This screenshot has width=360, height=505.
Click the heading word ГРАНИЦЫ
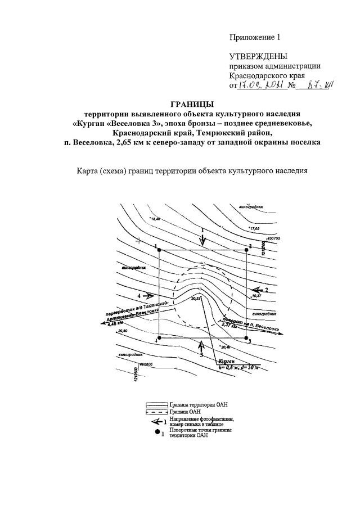pyautogui.click(x=192, y=103)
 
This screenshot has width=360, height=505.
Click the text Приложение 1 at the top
pyautogui.click(x=254, y=37)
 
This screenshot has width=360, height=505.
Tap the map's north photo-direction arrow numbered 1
pyautogui.click(x=203, y=238)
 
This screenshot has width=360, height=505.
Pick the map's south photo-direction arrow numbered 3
pyautogui.click(x=201, y=344)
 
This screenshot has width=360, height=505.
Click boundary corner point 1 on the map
pyautogui.click(x=159, y=250)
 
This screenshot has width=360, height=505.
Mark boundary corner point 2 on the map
pyautogui.click(x=247, y=250)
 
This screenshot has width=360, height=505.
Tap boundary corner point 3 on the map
pyautogui.click(x=247, y=338)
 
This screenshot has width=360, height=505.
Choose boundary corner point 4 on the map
pyautogui.click(x=159, y=338)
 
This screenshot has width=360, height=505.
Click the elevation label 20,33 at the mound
pyautogui.click(x=196, y=298)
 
